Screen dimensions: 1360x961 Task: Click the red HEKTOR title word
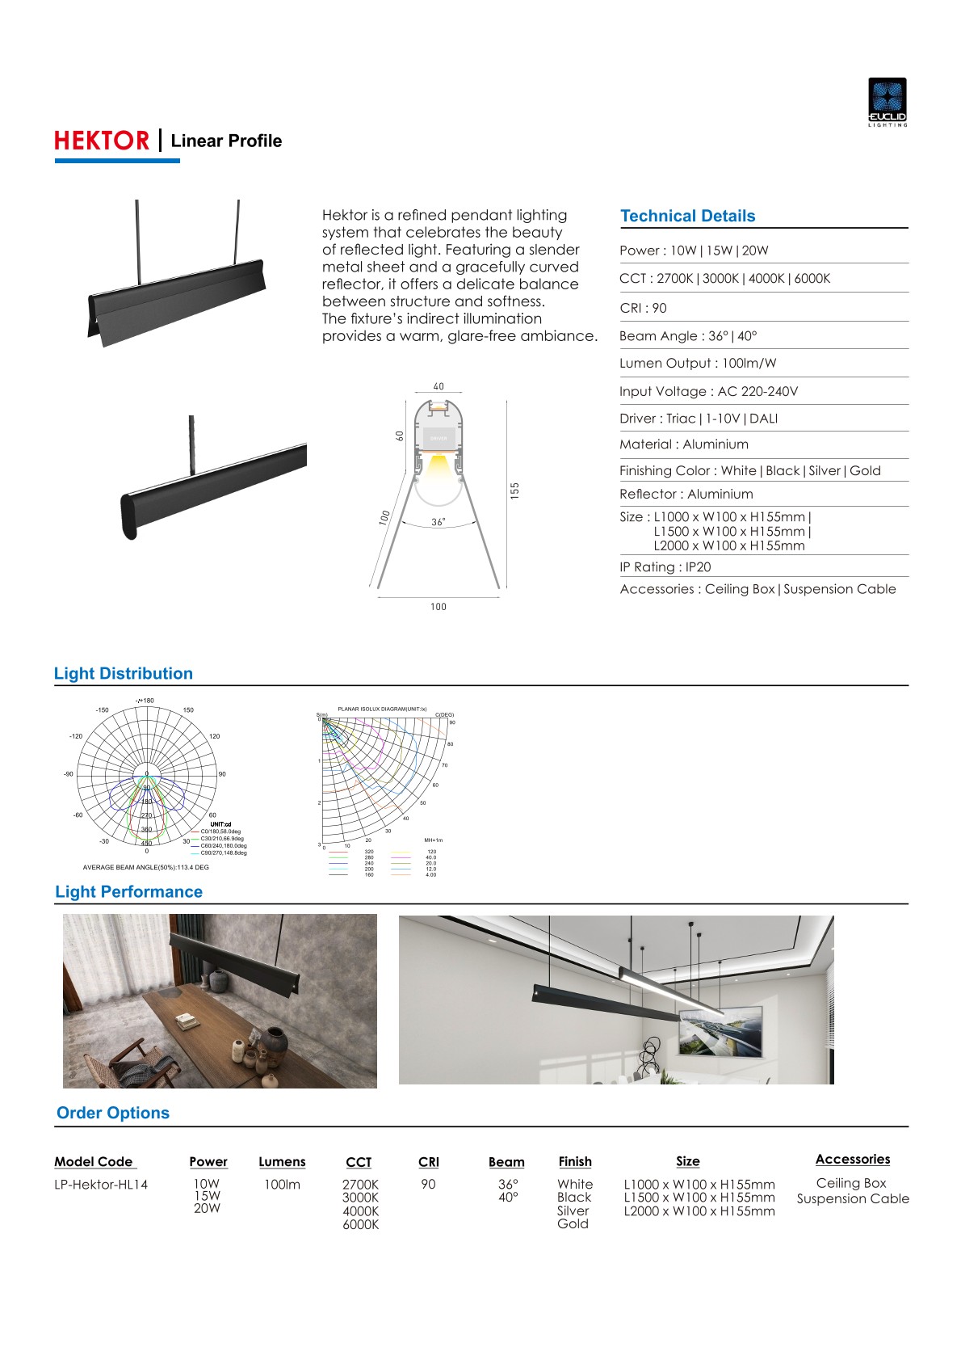coord(102,141)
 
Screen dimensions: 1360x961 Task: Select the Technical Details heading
coord(687,216)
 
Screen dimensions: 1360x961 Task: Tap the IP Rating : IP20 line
coord(665,567)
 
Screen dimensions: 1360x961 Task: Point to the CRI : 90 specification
coord(643,308)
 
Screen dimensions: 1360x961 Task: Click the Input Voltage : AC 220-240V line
coord(708,391)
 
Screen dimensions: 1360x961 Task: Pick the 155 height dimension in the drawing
coord(515,491)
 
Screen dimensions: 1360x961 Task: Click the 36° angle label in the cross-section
coord(438,522)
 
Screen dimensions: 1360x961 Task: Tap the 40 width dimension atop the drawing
coord(439,386)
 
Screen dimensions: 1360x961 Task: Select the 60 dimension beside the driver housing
coord(400,436)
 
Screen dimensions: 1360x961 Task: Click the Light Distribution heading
coord(124,674)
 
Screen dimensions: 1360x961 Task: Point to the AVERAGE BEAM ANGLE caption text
coord(145,867)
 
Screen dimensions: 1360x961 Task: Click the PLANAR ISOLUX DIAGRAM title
coord(382,709)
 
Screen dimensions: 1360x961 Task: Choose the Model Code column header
coord(94,1162)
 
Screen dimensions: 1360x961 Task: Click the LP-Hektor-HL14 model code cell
coord(101,1185)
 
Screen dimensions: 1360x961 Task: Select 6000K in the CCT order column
coord(360,1224)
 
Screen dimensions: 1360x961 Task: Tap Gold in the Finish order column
coord(573,1223)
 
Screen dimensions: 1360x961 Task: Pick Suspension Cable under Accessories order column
coord(853,1198)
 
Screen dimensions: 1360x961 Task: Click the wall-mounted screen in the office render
coord(720,1032)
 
